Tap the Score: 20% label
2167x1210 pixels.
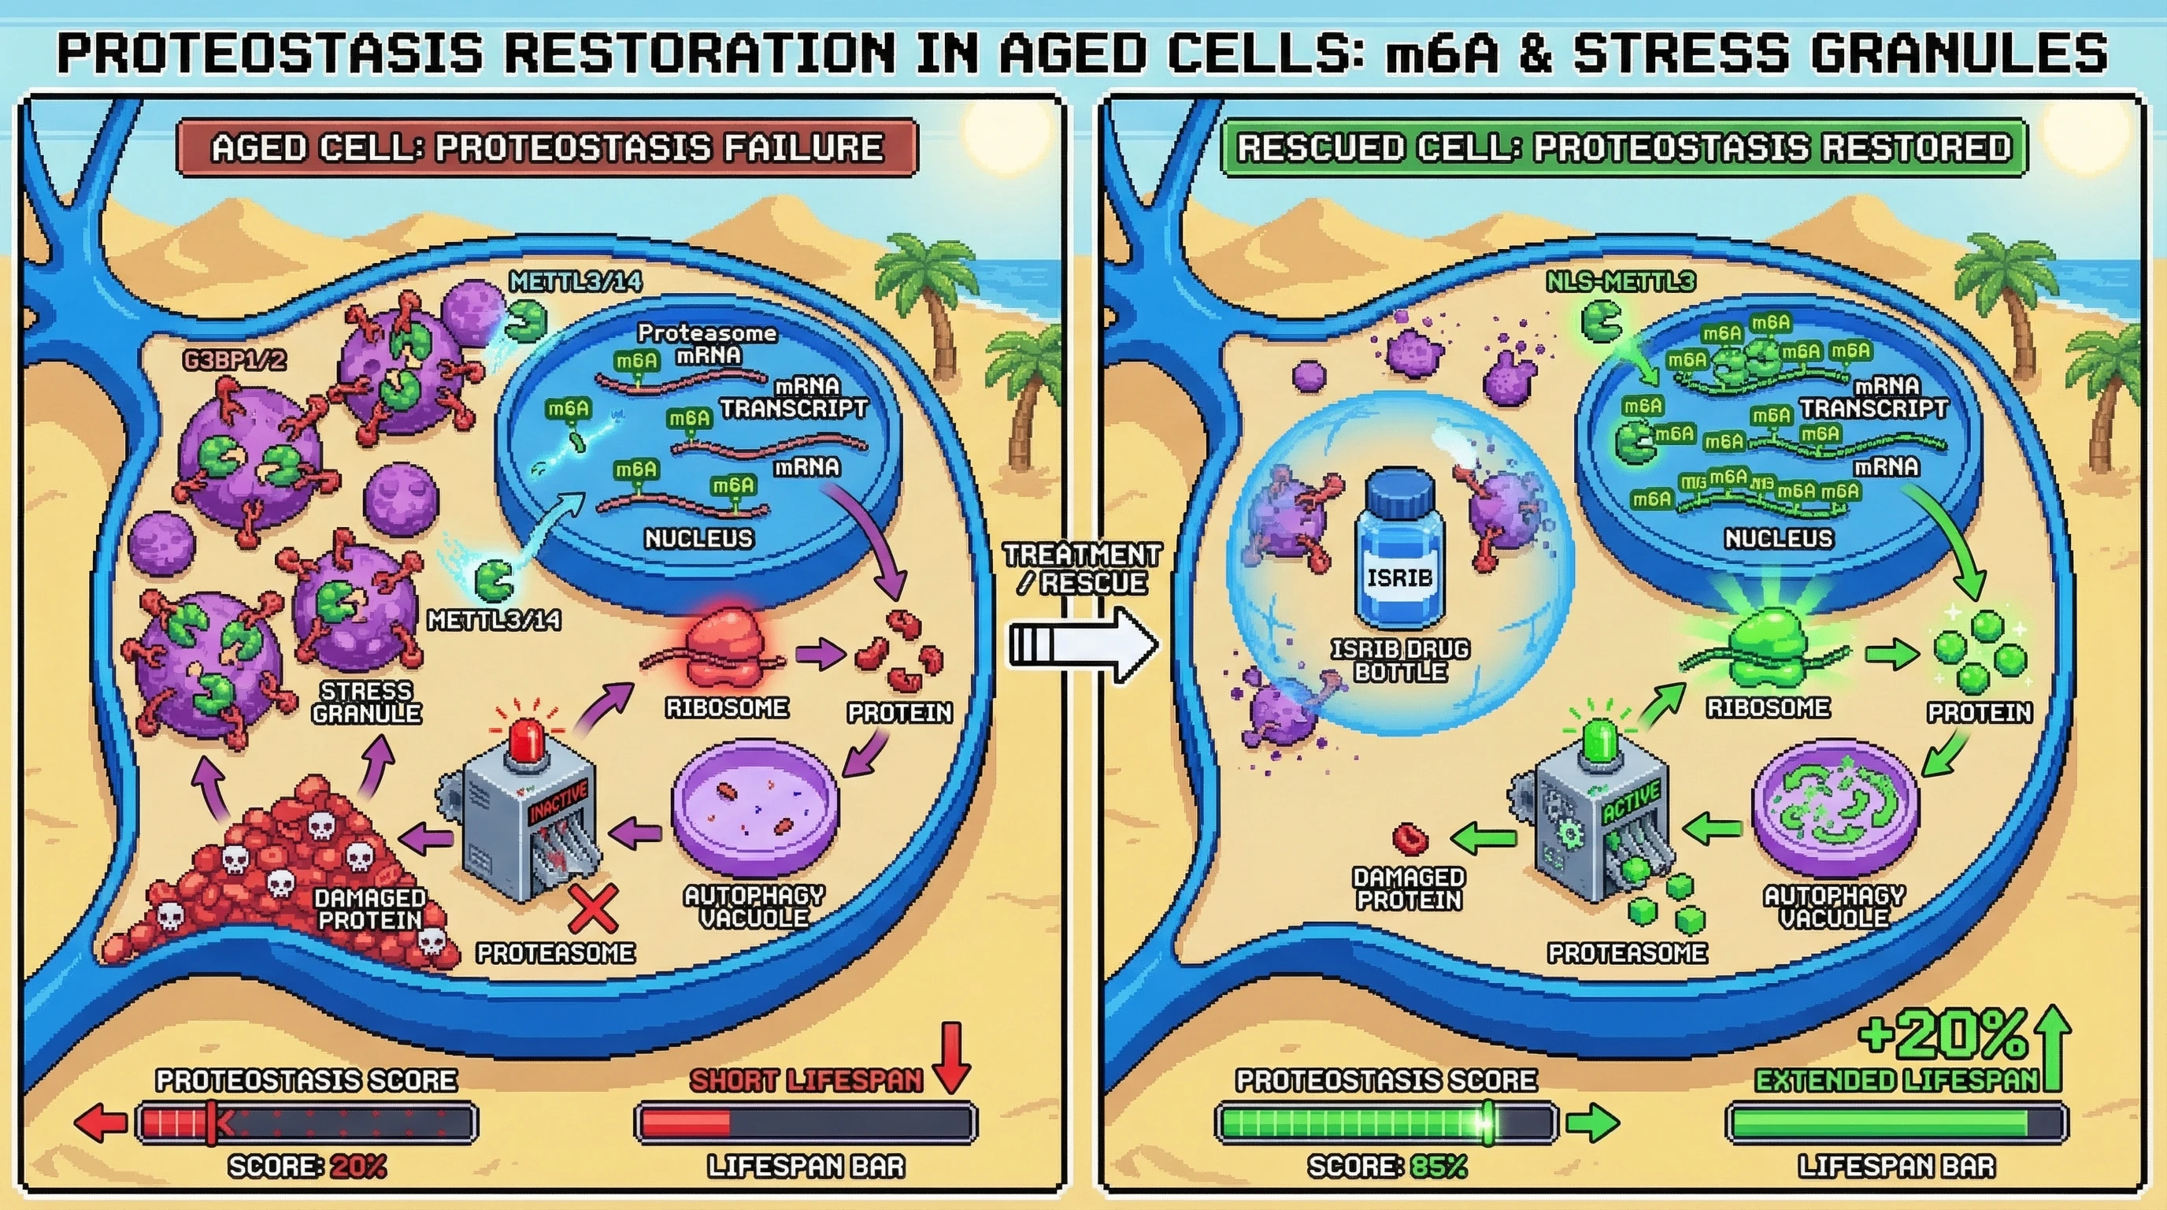click(x=307, y=1166)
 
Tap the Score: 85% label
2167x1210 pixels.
click(x=1387, y=1166)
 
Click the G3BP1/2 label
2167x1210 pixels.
click(x=235, y=361)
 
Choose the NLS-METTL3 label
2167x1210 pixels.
click(x=1621, y=282)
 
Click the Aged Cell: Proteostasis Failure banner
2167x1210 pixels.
click(x=546, y=148)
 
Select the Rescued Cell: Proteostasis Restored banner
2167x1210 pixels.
click(x=1624, y=148)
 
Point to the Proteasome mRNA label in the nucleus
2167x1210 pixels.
click(x=706, y=343)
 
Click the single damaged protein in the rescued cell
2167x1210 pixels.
click(x=1411, y=838)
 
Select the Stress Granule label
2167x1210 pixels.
click(x=366, y=703)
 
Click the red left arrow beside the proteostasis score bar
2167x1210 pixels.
click(x=100, y=1123)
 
